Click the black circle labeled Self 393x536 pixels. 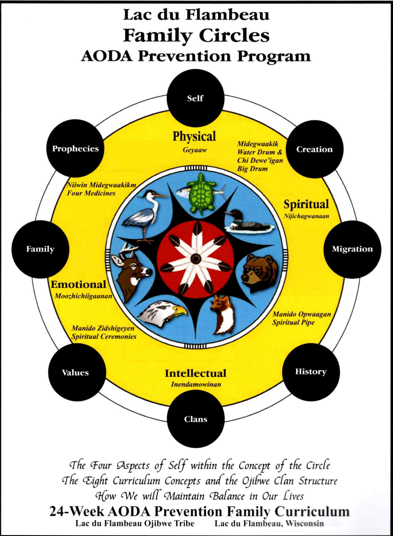pos(195,98)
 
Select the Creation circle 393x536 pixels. pos(314,149)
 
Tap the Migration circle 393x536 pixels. pos(352,249)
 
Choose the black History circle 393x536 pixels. pos(311,372)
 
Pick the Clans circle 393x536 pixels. pos(196,419)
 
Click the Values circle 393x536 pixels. pos(75,372)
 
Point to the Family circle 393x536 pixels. pos(40,249)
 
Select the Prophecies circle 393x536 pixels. pos(75,149)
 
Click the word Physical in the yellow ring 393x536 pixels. pos(194,137)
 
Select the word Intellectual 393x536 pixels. pos(196,373)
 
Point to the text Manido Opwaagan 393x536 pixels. pos(301,314)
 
